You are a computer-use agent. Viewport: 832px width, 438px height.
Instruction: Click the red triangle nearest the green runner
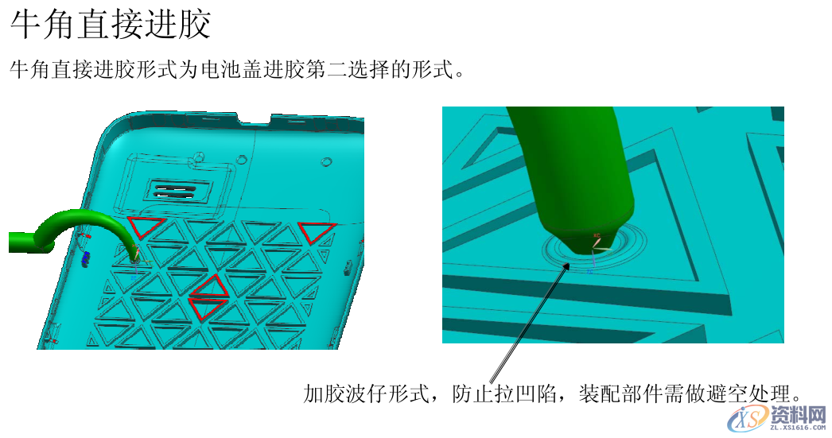147,227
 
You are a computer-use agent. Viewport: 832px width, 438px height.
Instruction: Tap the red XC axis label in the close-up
597,236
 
